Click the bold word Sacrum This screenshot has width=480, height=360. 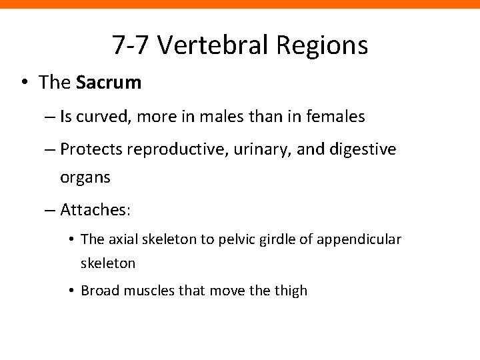coord(109,82)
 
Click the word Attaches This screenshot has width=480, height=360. coord(94,211)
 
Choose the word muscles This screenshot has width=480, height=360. coord(142,291)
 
